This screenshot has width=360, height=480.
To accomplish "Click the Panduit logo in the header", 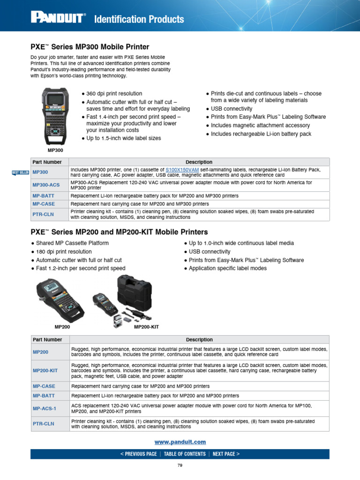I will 58,18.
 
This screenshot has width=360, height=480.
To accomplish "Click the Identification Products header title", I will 139,19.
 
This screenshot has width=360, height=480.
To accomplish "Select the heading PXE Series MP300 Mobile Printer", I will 90,47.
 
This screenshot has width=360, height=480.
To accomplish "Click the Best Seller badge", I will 21,173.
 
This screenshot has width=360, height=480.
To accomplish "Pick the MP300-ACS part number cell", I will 46,185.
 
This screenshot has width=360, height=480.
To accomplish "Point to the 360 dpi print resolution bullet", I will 114,94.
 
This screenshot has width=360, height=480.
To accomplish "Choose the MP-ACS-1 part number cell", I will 45,408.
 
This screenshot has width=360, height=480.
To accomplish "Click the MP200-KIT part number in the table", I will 45,370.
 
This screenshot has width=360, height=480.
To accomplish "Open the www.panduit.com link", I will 180,442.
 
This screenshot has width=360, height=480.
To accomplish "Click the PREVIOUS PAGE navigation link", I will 138,454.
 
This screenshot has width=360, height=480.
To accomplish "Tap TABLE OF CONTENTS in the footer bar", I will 185,454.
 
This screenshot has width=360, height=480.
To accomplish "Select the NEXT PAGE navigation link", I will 226,454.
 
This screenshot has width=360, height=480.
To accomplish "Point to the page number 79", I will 180,465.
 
